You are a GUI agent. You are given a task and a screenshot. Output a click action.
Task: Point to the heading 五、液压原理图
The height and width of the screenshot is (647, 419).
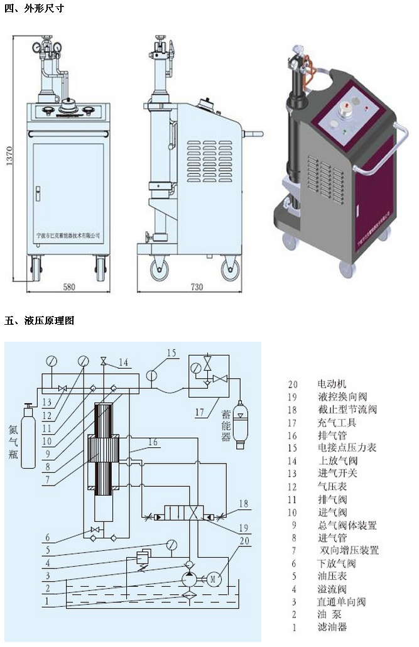40,320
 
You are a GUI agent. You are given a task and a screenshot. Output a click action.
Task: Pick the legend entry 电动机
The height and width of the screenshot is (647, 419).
333,384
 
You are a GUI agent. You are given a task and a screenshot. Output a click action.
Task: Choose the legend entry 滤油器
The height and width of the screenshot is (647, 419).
333,627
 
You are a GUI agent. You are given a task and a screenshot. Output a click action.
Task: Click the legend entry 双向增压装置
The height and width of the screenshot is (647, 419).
348,550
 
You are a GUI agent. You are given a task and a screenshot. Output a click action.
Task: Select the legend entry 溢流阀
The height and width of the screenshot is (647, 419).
333,589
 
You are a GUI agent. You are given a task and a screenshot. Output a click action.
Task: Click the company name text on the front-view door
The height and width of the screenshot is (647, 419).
69,234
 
